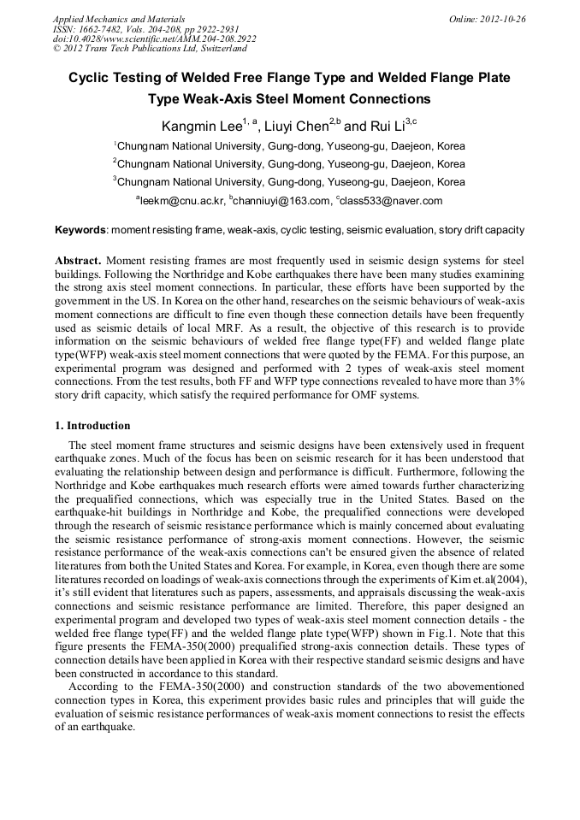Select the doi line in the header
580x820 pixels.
pyautogui.click(x=154, y=38)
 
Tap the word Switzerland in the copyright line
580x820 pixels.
pyautogui.click(x=227, y=49)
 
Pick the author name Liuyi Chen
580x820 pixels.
pyautogui.click(x=294, y=127)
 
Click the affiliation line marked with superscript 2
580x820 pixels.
pyautogui.click(x=289, y=163)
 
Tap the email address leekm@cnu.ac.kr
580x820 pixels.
pyautogui.click(x=183, y=201)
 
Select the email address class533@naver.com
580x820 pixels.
pyautogui.click(x=392, y=201)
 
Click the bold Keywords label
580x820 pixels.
pyautogui.click(x=80, y=230)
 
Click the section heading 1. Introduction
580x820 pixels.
pyautogui.click(x=92, y=426)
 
